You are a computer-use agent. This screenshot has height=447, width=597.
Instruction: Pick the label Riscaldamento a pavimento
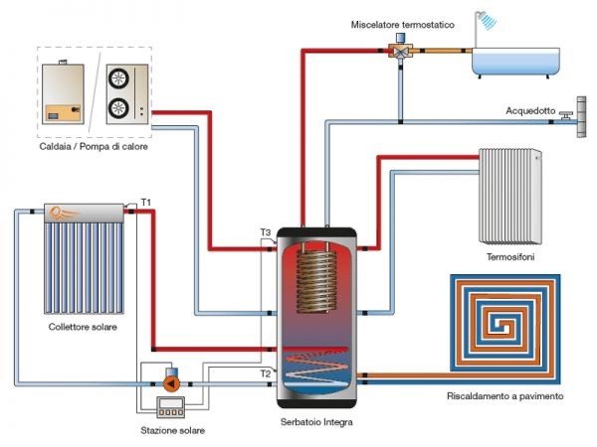pos(505,396)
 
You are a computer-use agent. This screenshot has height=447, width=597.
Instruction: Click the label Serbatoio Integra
pos(317,422)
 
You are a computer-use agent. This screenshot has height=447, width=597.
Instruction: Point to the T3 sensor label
pos(265,232)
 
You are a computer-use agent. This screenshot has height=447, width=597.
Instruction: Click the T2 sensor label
pos(265,374)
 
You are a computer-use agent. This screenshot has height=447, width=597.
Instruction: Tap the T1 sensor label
pos(146,202)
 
